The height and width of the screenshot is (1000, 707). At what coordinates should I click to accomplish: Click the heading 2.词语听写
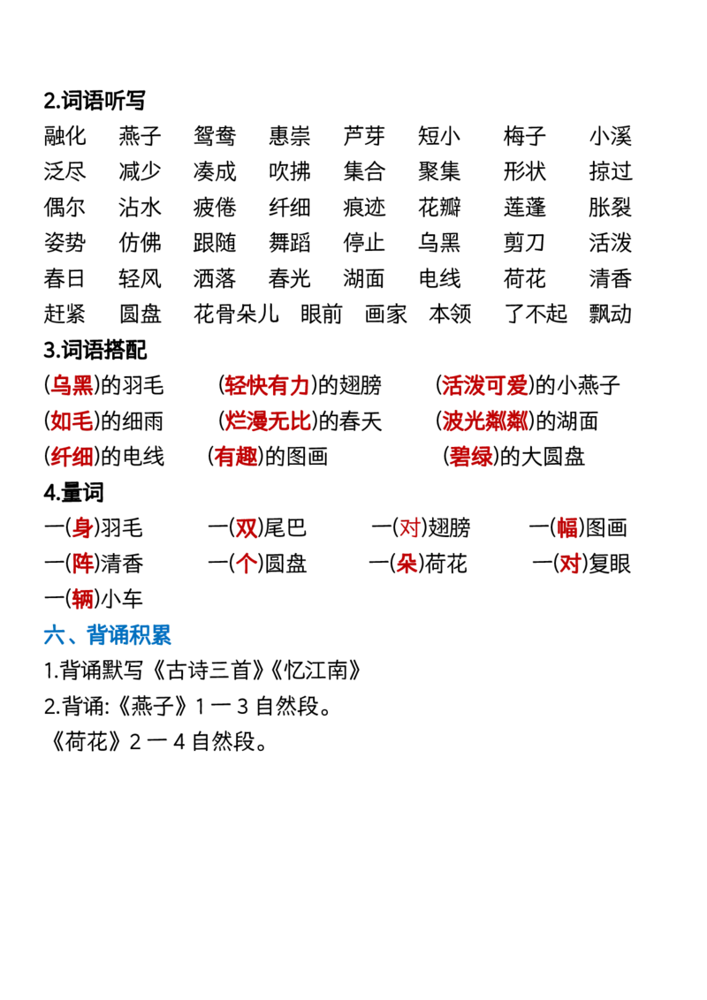click(x=95, y=100)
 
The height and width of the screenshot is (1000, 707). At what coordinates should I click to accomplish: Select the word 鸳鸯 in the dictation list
click(x=215, y=136)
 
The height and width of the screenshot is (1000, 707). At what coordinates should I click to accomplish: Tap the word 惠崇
click(x=289, y=136)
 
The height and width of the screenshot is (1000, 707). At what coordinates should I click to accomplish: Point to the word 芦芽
click(x=364, y=136)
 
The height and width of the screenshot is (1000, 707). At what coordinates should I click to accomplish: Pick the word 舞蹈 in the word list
click(x=289, y=242)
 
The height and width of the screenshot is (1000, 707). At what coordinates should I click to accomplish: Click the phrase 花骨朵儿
click(x=236, y=314)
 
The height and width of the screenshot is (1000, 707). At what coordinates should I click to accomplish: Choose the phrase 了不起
click(x=536, y=314)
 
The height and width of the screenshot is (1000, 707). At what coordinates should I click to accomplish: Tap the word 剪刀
click(x=525, y=242)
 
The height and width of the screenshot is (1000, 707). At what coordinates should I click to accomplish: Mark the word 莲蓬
click(x=525, y=208)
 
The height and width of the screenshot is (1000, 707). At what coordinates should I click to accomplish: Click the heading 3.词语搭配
click(x=95, y=350)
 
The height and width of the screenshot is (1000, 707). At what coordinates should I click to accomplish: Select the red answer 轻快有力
click(x=267, y=385)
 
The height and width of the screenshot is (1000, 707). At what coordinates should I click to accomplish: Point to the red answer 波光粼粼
click(x=485, y=420)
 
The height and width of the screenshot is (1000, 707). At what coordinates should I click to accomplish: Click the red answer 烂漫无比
click(x=268, y=420)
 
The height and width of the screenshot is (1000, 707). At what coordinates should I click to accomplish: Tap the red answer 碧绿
click(x=471, y=457)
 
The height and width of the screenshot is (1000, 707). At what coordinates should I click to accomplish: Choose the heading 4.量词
click(x=73, y=492)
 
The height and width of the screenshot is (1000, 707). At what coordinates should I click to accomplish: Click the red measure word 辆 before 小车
click(x=82, y=599)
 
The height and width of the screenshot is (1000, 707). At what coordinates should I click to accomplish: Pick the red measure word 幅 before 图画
click(x=567, y=528)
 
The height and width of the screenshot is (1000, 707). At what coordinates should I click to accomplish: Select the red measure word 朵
click(x=407, y=564)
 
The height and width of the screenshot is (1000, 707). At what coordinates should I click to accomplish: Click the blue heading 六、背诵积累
click(x=107, y=634)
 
